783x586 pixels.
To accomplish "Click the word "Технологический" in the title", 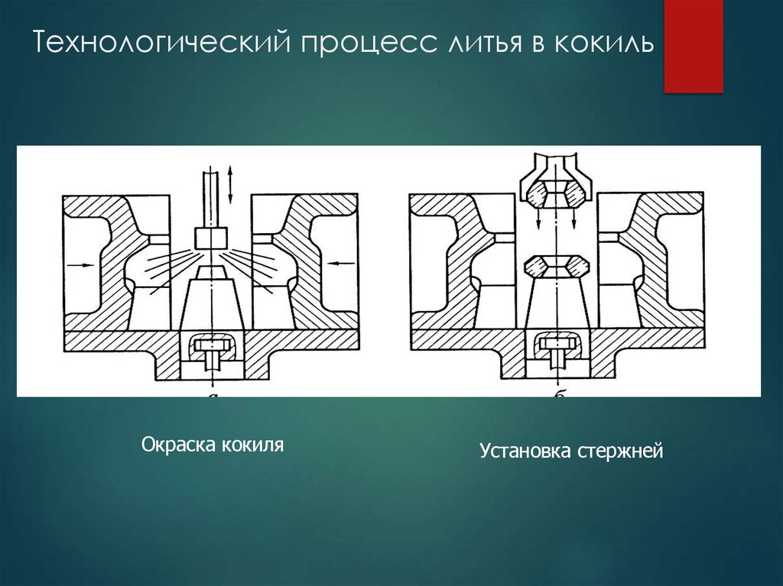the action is tap(160, 44).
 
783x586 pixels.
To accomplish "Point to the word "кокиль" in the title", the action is tap(605, 44).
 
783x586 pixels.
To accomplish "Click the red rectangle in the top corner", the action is tap(693, 46).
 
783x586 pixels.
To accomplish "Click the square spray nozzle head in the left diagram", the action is tap(210, 238).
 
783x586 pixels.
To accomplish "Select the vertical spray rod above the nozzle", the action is tap(210, 199).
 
